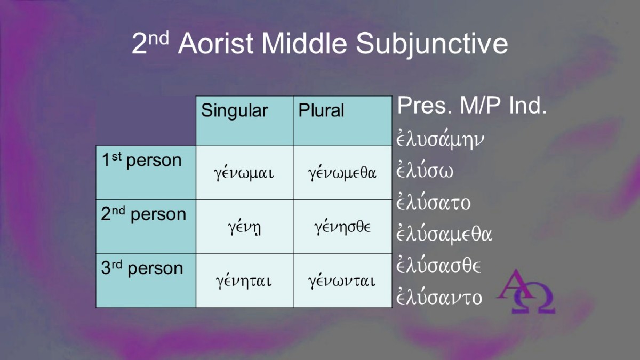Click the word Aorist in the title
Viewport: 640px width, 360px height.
tap(215, 43)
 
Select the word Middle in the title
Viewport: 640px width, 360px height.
tap(304, 43)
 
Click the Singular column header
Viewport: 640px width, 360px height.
tap(245, 121)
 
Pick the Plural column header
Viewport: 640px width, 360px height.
tap(342, 121)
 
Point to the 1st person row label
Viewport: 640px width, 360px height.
tap(146, 173)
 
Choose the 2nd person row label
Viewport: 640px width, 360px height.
tap(146, 227)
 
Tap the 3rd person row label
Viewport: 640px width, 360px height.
tap(146, 281)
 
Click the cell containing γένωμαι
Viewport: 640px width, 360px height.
tap(245, 173)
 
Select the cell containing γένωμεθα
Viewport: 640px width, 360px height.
tap(342, 173)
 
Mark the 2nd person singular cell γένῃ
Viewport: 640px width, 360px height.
tap(245, 227)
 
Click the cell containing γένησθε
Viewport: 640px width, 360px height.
tap(342, 227)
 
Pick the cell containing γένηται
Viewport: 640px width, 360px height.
tap(245, 281)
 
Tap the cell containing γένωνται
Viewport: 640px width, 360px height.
tap(342, 281)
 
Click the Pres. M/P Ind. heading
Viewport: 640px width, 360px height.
tap(472, 106)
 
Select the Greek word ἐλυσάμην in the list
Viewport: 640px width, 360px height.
tap(441, 139)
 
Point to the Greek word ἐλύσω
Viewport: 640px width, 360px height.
tap(425, 170)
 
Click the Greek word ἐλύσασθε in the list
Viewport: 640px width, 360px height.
tap(438, 266)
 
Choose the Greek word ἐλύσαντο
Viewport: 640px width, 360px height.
tap(439, 297)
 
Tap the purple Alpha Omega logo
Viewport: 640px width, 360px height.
tap(526, 291)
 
